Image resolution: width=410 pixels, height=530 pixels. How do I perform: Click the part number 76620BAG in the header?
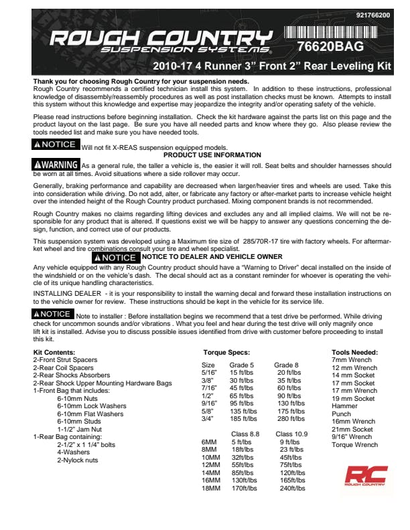335,47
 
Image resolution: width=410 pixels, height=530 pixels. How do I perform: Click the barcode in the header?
335,33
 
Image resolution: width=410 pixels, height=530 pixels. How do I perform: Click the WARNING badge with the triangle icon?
56,165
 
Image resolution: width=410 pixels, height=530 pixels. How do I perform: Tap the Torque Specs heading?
226,352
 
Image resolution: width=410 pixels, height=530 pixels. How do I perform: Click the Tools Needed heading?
355,352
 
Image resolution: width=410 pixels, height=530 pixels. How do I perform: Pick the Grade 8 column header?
286,365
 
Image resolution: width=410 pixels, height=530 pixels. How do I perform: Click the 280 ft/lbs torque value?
291,419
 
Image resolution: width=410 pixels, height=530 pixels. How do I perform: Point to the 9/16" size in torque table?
209,404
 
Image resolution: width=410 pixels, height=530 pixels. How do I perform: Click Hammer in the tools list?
344,406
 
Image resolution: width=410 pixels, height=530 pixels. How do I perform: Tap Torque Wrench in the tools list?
355,444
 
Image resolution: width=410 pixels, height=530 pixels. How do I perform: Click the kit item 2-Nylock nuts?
78,460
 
